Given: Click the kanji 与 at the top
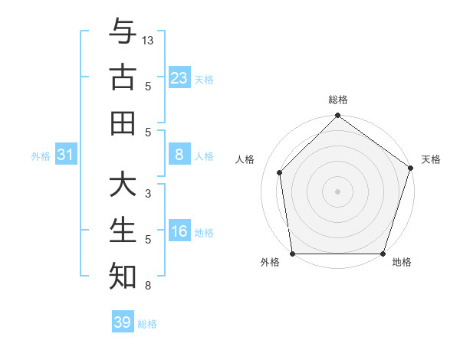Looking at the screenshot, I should point(123,33).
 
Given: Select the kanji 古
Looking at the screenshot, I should point(123,77).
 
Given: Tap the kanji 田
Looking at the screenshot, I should point(123,123).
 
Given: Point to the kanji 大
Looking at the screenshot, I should point(123,186).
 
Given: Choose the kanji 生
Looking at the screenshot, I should point(123,231).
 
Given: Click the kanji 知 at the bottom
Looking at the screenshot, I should point(123,276).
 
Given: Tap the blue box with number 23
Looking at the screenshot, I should point(179,78).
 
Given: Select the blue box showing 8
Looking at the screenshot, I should point(179,155).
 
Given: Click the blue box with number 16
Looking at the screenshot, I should point(179,231).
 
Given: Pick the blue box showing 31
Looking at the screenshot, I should point(66,155).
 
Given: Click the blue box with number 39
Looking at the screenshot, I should point(123,322).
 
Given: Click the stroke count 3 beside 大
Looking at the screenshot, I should point(148,194).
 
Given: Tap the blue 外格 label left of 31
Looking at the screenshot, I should point(41,155).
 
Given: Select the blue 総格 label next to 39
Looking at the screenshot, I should point(147,324).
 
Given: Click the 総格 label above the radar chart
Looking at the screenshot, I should point(338,100).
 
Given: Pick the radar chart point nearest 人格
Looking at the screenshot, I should point(279,172).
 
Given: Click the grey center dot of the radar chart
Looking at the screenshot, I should point(338,191).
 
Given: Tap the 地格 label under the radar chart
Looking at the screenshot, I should point(402,263).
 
